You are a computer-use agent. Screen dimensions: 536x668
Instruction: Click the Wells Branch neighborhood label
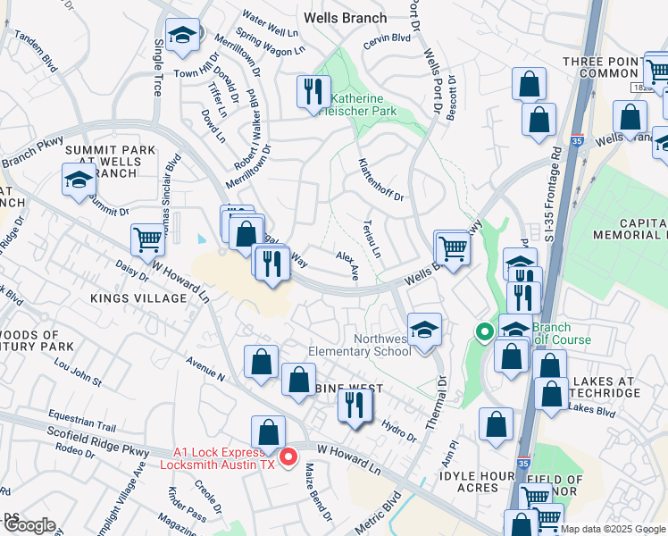pos(345,18)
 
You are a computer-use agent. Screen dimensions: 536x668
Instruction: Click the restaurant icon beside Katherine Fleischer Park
pos(313,91)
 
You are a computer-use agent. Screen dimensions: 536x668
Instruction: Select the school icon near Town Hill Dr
pos(183,37)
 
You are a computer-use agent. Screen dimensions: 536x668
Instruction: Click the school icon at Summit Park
pos(79,178)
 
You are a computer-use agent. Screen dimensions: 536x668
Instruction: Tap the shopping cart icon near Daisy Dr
pos(147,239)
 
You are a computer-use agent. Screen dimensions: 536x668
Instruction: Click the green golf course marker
pos(484,333)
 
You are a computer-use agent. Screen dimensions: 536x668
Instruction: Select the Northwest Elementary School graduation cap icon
pos(425,328)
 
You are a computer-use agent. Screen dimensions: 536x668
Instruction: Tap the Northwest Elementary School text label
pos(359,345)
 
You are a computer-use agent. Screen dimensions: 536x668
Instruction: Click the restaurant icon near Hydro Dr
pos(355,406)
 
